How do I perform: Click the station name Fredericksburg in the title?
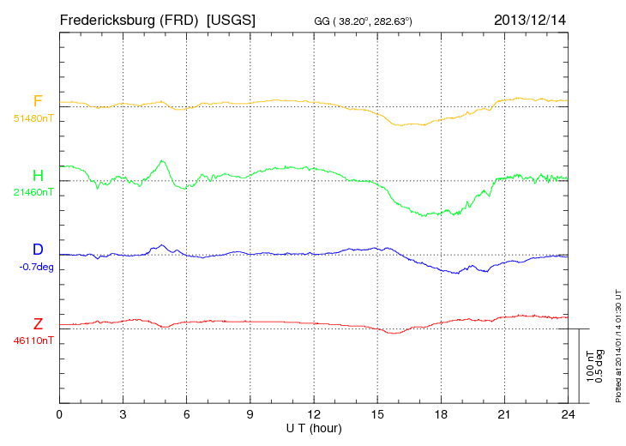[111, 19]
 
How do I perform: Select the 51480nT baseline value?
[33, 118]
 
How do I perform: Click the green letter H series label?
[38, 176]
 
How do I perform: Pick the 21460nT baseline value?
[33, 192]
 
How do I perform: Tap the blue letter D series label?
[38, 250]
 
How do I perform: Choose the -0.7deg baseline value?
[36, 267]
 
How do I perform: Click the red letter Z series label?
[38, 324]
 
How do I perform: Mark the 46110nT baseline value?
[33, 341]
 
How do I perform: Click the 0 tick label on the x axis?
[59, 414]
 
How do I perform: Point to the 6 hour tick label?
[186, 414]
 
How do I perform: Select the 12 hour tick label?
[314, 414]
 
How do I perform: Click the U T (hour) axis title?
[314, 427]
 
